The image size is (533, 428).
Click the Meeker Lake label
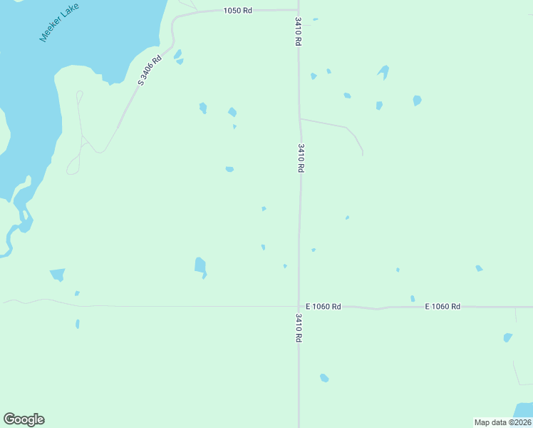pyautogui.click(x=60, y=23)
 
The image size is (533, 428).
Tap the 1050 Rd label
pyautogui.click(x=238, y=11)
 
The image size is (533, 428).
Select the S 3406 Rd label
pyautogui.click(x=150, y=71)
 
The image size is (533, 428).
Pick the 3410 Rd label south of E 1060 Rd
pyautogui.click(x=299, y=327)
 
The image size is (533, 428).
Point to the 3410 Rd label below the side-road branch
pyautogui.click(x=301, y=158)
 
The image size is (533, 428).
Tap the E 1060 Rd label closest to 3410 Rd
pyautogui.click(x=324, y=307)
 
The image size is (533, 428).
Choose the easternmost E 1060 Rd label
pyautogui.click(x=443, y=307)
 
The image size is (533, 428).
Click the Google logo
pyautogui.click(x=24, y=419)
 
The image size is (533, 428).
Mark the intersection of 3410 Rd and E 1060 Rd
pyautogui.click(x=299, y=307)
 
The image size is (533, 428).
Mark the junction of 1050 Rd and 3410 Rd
pyautogui.click(x=297, y=10)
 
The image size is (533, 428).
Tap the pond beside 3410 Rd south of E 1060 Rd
pyautogui.click(x=324, y=377)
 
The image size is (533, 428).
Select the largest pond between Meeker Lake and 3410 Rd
pyautogui.click(x=200, y=266)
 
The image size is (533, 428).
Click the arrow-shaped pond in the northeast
pyautogui.click(x=384, y=71)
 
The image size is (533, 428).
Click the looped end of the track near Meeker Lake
pyautogui.click(x=72, y=168)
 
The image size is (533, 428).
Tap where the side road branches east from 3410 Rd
pyautogui.click(x=300, y=118)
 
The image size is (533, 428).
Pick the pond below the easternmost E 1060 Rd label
pyautogui.click(x=507, y=337)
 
